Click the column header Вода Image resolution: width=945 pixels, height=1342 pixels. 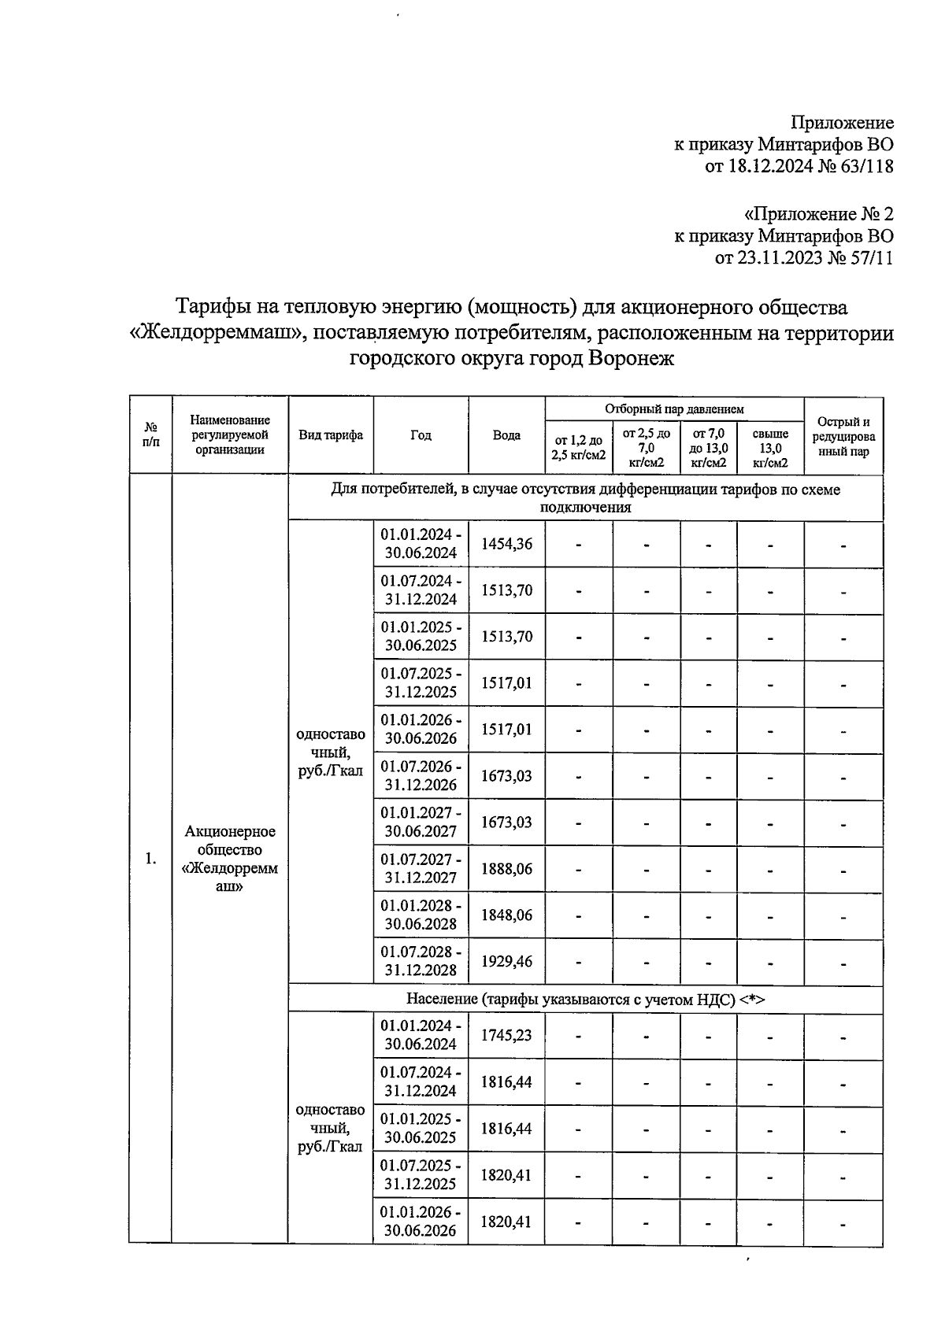pyautogui.click(x=506, y=435)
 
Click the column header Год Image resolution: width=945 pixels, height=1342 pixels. pyautogui.click(x=421, y=435)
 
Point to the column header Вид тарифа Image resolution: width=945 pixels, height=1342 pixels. pyautogui.click(x=331, y=435)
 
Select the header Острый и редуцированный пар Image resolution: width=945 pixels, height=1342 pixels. pyautogui.click(x=843, y=436)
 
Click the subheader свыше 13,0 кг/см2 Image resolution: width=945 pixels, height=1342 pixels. pyautogui.click(x=770, y=448)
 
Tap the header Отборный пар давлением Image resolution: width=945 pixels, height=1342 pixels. pyautogui.click(x=674, y=409)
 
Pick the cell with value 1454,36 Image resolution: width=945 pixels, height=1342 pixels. pyautogui.click(x=506, y=544)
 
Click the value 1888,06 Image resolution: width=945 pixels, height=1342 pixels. pyautogui.click(x=506, y=869)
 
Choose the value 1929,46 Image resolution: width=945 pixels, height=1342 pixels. pyautogui.click(x=506, y=961)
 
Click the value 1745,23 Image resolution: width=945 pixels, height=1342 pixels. pyautogui.click(x=506, y=1035)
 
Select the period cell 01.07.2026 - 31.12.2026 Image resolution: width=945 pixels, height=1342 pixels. pyautogui.click(x=421, y=776)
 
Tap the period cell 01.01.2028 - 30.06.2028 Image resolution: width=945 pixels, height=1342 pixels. pyautogui.click(x=421, y=915)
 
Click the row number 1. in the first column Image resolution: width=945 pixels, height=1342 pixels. pyautogui.click(x=150, y=859)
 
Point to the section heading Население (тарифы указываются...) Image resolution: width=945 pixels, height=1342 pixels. pyautogui.click(x=585, y=999)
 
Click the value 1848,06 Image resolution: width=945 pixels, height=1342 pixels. pyautogui.click(x=506, y=915)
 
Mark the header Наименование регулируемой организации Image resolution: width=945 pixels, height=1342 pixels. pyautogui.click(x=230, y=435)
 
